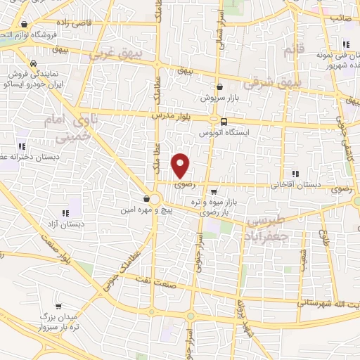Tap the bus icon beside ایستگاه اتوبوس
[224, 121]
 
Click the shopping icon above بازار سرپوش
[221, 86]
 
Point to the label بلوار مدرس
[172, 114]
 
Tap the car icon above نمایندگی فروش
[33, 62]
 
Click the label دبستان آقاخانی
[300, 184]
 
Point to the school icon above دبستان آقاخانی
[295, 173]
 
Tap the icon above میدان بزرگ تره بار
[59, 307]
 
